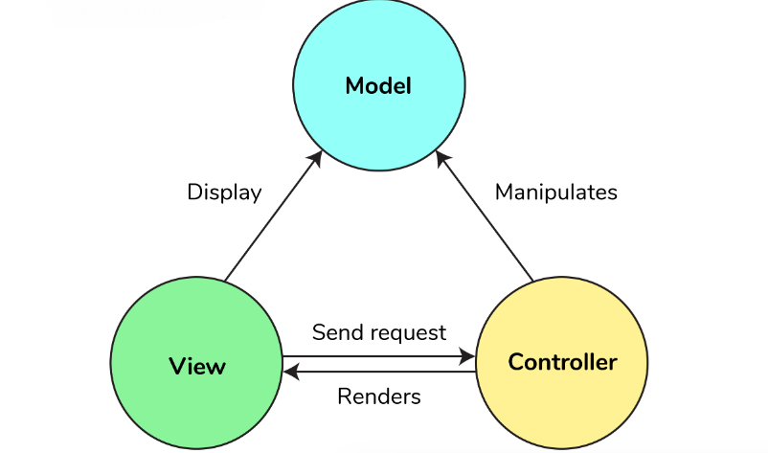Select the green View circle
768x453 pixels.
pos(196,402)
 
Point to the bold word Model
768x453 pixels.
pos(378,86)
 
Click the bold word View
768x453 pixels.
pos(197,366)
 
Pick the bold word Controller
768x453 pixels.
pos(562,363)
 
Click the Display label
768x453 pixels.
pos(224,192)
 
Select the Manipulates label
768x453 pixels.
pos(555,192)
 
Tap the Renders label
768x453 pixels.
pos(379,396)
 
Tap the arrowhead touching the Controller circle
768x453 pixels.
pos(468,356)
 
